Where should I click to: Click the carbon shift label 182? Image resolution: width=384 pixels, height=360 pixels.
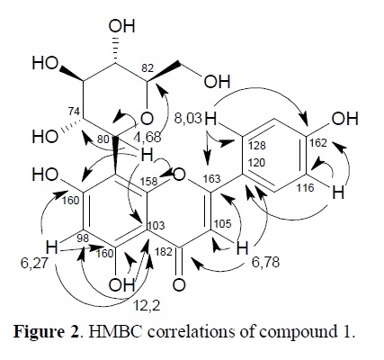(164, 251)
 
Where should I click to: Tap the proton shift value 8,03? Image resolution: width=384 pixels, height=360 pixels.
(188, 118)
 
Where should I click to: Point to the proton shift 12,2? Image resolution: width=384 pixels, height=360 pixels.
(147, 305)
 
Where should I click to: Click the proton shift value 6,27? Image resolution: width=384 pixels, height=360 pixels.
(34, 262)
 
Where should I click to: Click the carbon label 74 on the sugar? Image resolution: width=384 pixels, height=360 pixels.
(73, 112)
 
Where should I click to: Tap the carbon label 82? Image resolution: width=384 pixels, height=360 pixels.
(147, 68)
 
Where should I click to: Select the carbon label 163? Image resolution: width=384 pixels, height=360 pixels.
(211, 179)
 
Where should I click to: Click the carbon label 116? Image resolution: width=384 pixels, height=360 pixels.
(305, 188)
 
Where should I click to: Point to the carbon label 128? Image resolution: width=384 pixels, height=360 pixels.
(257, 146)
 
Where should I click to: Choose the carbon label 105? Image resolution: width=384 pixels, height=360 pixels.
(223, 224)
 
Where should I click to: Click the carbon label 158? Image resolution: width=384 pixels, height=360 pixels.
(149, 181)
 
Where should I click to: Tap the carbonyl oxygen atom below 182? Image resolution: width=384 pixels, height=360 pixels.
(179, 284)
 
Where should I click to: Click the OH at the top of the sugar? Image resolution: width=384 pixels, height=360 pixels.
(122, 26)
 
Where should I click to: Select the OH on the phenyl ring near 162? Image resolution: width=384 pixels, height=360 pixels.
(345, 119)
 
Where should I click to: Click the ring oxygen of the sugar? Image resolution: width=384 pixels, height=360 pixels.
(147, 119)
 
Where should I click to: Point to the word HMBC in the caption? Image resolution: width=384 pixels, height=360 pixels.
(115, 332)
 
